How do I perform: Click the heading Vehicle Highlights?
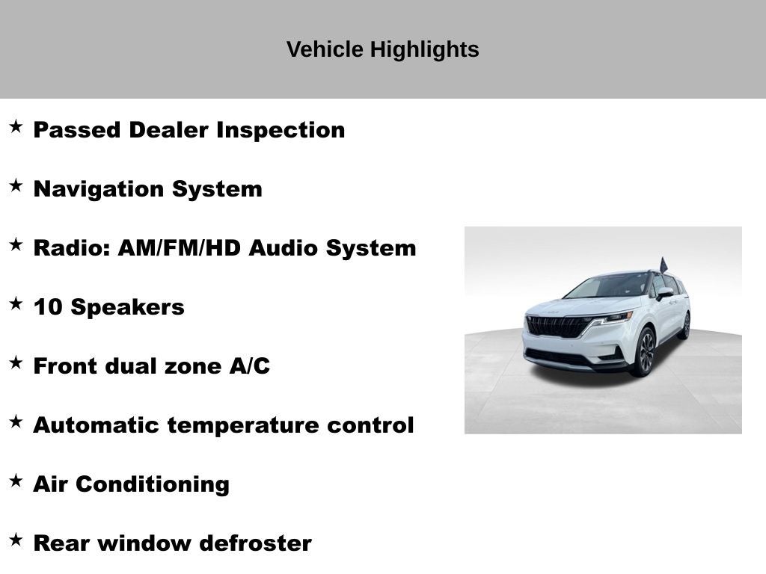click(382, 49)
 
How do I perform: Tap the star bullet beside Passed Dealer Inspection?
click(16, 126)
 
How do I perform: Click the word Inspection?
click(281, 130)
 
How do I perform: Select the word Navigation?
click(99, 189)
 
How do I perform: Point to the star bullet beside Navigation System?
click(16, 185)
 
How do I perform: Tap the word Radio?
click(72, 248)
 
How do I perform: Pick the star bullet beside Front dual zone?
click(16, 362)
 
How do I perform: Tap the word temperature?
click(244, 425)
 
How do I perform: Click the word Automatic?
click(96, 425)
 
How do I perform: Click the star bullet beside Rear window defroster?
click(16, 540)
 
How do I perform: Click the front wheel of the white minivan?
click(644, 352)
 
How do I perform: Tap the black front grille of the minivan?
click(560, 326)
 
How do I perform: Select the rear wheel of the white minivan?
click(684, 326)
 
